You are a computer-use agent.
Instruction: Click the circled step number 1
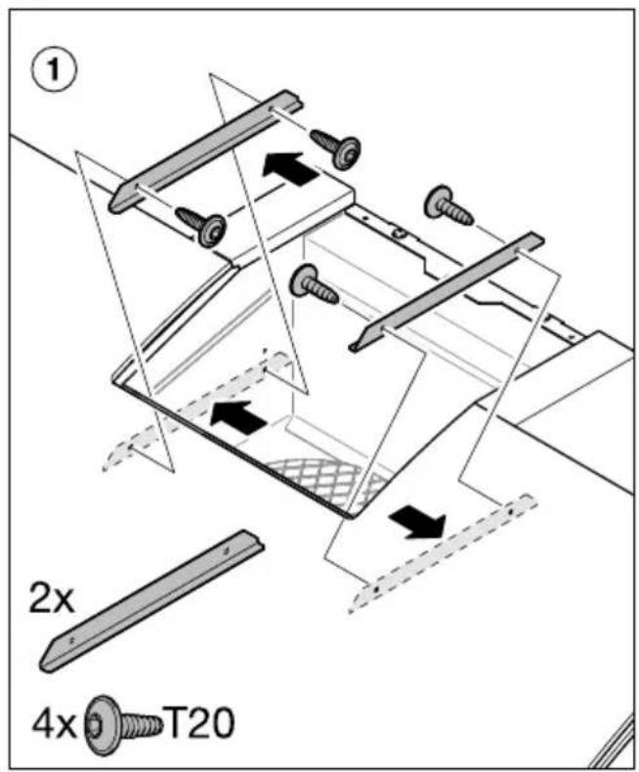point(53,71)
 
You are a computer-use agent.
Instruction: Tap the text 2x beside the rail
point(51,597)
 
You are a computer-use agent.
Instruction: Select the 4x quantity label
point(54,725)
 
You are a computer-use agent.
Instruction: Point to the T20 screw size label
point(199,723)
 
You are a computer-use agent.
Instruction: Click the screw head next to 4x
point(102,724)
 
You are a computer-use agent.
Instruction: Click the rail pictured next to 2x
point(151,601)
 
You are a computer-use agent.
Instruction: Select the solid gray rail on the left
point(205,150)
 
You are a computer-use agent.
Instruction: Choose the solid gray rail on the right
point(447,291)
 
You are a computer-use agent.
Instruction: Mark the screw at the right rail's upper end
point(447,206)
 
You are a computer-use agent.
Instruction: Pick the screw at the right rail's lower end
point(314,284)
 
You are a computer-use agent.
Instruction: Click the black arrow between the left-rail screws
point(289,169)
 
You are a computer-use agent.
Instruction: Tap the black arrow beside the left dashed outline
point(238,417)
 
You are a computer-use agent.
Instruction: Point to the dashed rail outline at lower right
point(442,553)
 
